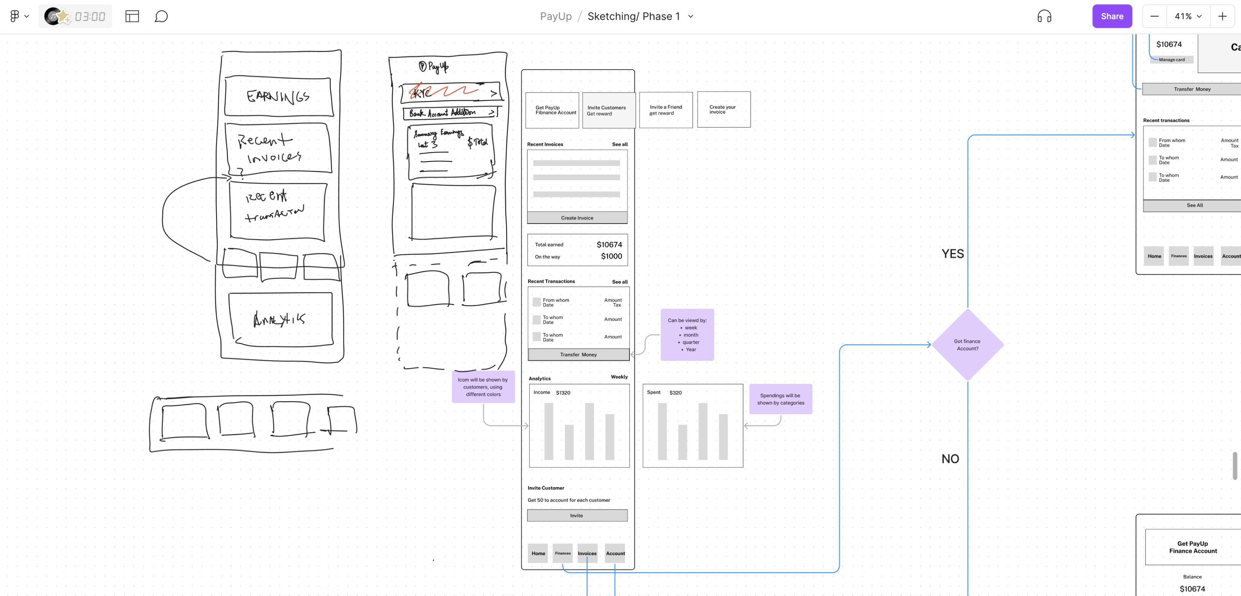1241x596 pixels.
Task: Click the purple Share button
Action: pos(1112,16)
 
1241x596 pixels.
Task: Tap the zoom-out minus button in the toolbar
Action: pos(1154,16)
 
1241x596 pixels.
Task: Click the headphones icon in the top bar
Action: pos(1044,16)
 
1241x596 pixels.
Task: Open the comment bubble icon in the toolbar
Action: pos(161,16)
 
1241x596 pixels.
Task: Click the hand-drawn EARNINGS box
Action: pos(278,96)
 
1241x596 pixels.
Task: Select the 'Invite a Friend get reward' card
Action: pos(666,110)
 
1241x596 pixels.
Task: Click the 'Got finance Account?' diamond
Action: pos(968,345)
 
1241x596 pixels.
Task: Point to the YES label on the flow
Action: pos(953,254)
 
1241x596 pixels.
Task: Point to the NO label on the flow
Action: pos(950,459)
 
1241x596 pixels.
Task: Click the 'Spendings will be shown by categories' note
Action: pos(781,399)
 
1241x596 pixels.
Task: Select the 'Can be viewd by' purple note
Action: pos(687,335)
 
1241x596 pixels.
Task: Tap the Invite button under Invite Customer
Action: pos(577,516)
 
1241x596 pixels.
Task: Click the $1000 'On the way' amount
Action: pos(611,256)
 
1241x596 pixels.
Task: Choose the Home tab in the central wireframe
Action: pos(538,553)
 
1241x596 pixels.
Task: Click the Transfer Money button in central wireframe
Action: pos(578,355)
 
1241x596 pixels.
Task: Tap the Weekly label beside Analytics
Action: pos(619,377)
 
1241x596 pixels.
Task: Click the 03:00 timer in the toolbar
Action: pos(90,17)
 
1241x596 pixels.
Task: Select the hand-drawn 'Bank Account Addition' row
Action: pos(449,113)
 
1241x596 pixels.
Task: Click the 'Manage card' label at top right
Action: pos(1171,60)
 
